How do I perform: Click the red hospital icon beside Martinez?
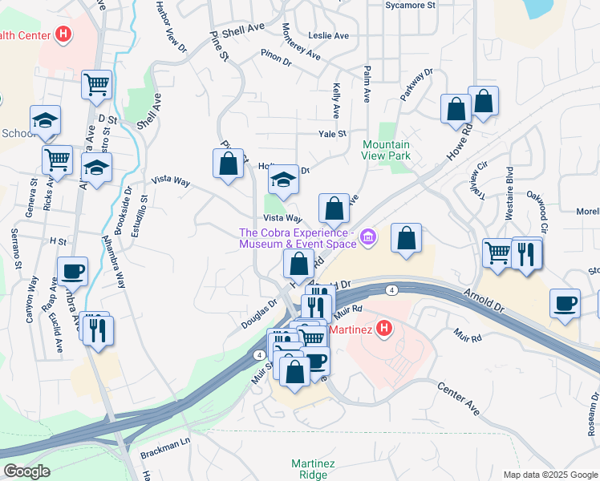384,328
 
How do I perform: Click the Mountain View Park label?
387,151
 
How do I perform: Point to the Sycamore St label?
410,5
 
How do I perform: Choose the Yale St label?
331,135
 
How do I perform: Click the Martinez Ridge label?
308,469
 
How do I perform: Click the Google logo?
26,471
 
